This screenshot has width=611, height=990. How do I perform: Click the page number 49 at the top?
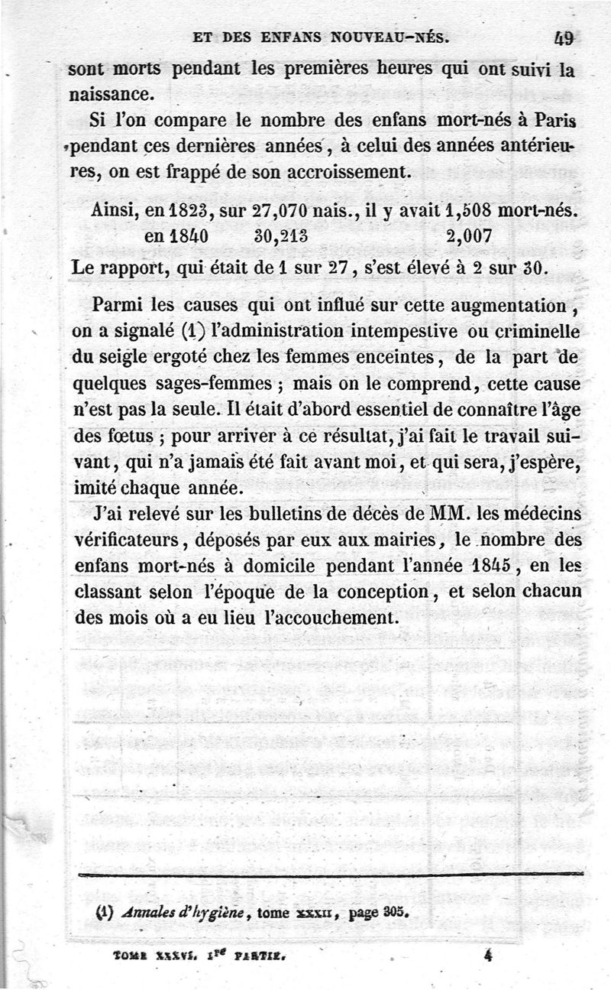566,37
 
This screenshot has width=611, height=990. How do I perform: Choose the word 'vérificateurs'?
127,539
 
